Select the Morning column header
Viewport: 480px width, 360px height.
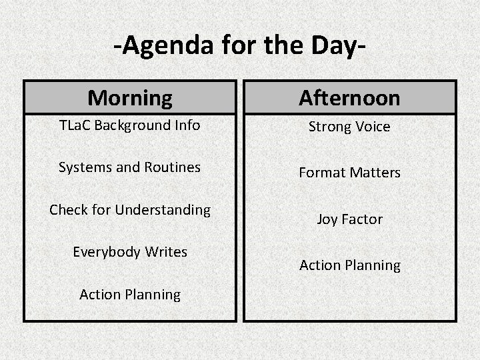click(129, 98)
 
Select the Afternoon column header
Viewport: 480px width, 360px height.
click(349, 98)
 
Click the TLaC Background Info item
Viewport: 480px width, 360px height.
click(129, 125)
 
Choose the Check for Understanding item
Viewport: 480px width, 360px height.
click(129, 210)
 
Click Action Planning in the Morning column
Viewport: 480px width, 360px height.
click(129, 295)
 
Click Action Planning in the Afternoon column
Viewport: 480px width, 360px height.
click(349, 265)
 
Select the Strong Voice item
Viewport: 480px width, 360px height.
click(349, 127)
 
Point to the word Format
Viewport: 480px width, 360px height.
click(321, 173)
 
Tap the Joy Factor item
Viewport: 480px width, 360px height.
click(349, 219)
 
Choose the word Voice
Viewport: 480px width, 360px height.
click(372, 127)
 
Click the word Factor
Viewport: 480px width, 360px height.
click(362, 219)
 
